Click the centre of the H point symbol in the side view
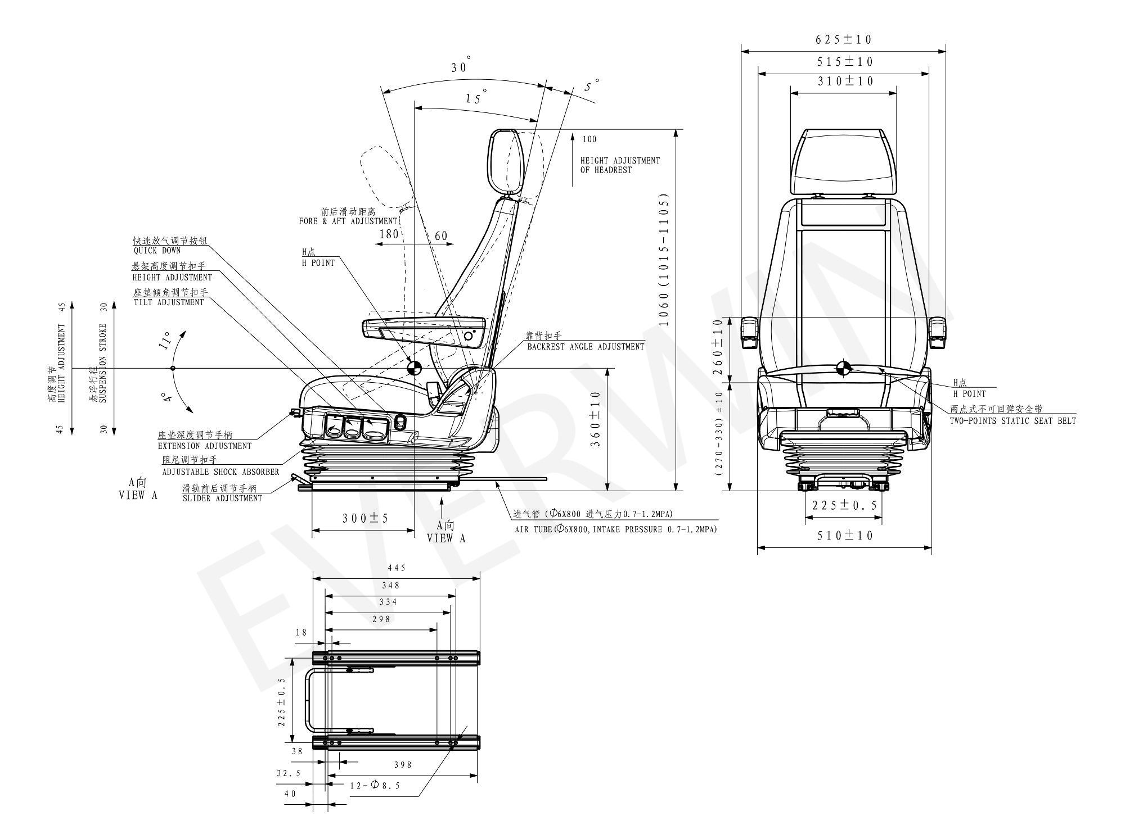[413, 368]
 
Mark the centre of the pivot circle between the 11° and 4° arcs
[173, 368]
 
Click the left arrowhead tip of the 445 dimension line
[313, 578]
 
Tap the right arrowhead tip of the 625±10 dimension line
[946, 51]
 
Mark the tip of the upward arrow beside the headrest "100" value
[573, 133]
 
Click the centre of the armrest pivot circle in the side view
[468, 336]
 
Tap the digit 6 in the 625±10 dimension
[819, 39]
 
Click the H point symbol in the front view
[843, 368]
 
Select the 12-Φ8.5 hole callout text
[374, 785]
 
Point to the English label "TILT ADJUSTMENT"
[169, 302]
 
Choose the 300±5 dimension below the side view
[365, 518]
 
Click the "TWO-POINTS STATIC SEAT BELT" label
[1013, 420]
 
